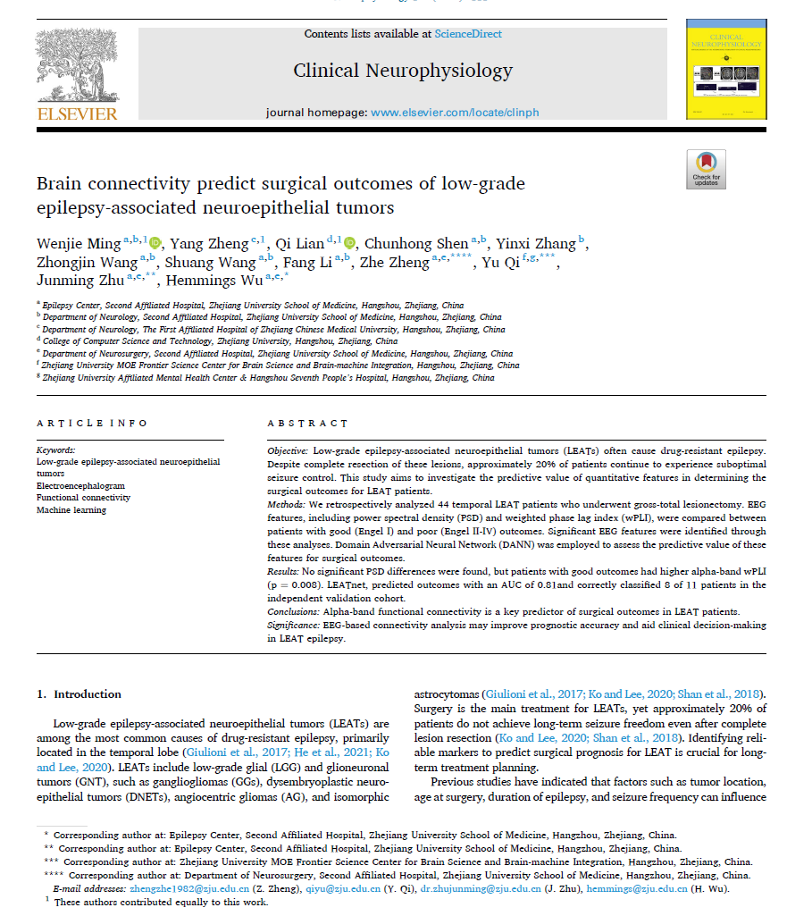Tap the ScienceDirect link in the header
468,34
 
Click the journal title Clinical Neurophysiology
403,71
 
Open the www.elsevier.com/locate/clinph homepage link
455,113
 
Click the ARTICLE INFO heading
92,423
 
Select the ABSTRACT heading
307,423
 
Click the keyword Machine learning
71,510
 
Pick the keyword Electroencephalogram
80,485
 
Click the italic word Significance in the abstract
294,626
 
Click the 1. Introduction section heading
79,694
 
